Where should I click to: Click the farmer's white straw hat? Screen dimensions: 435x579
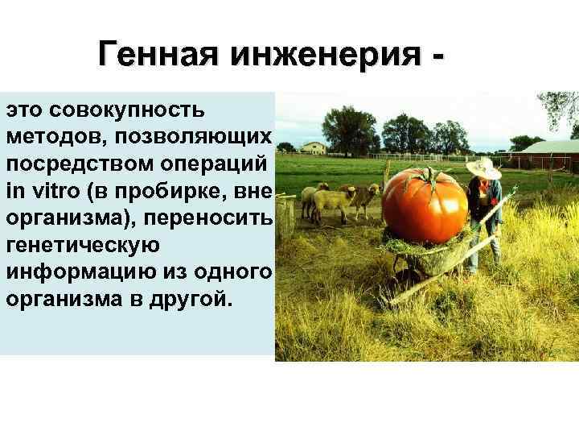(483, 168)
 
